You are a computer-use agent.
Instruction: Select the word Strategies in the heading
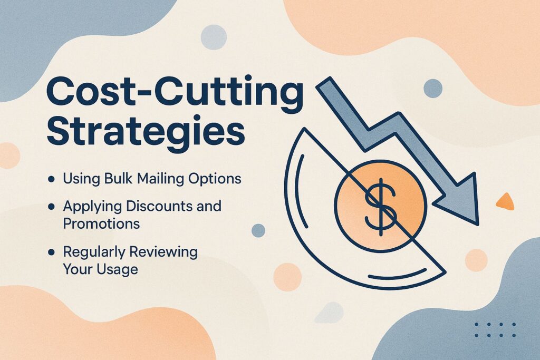point(146,132)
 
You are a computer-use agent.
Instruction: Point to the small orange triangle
point(505,201)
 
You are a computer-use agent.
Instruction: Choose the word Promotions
point(101,223)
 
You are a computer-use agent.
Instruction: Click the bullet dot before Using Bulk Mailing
point(51,179)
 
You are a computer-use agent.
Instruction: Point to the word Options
point(216,179)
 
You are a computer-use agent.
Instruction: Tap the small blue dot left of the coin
point(258,230)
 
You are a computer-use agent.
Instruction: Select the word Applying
point(88,206)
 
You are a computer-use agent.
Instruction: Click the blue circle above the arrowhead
point(433,88)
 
